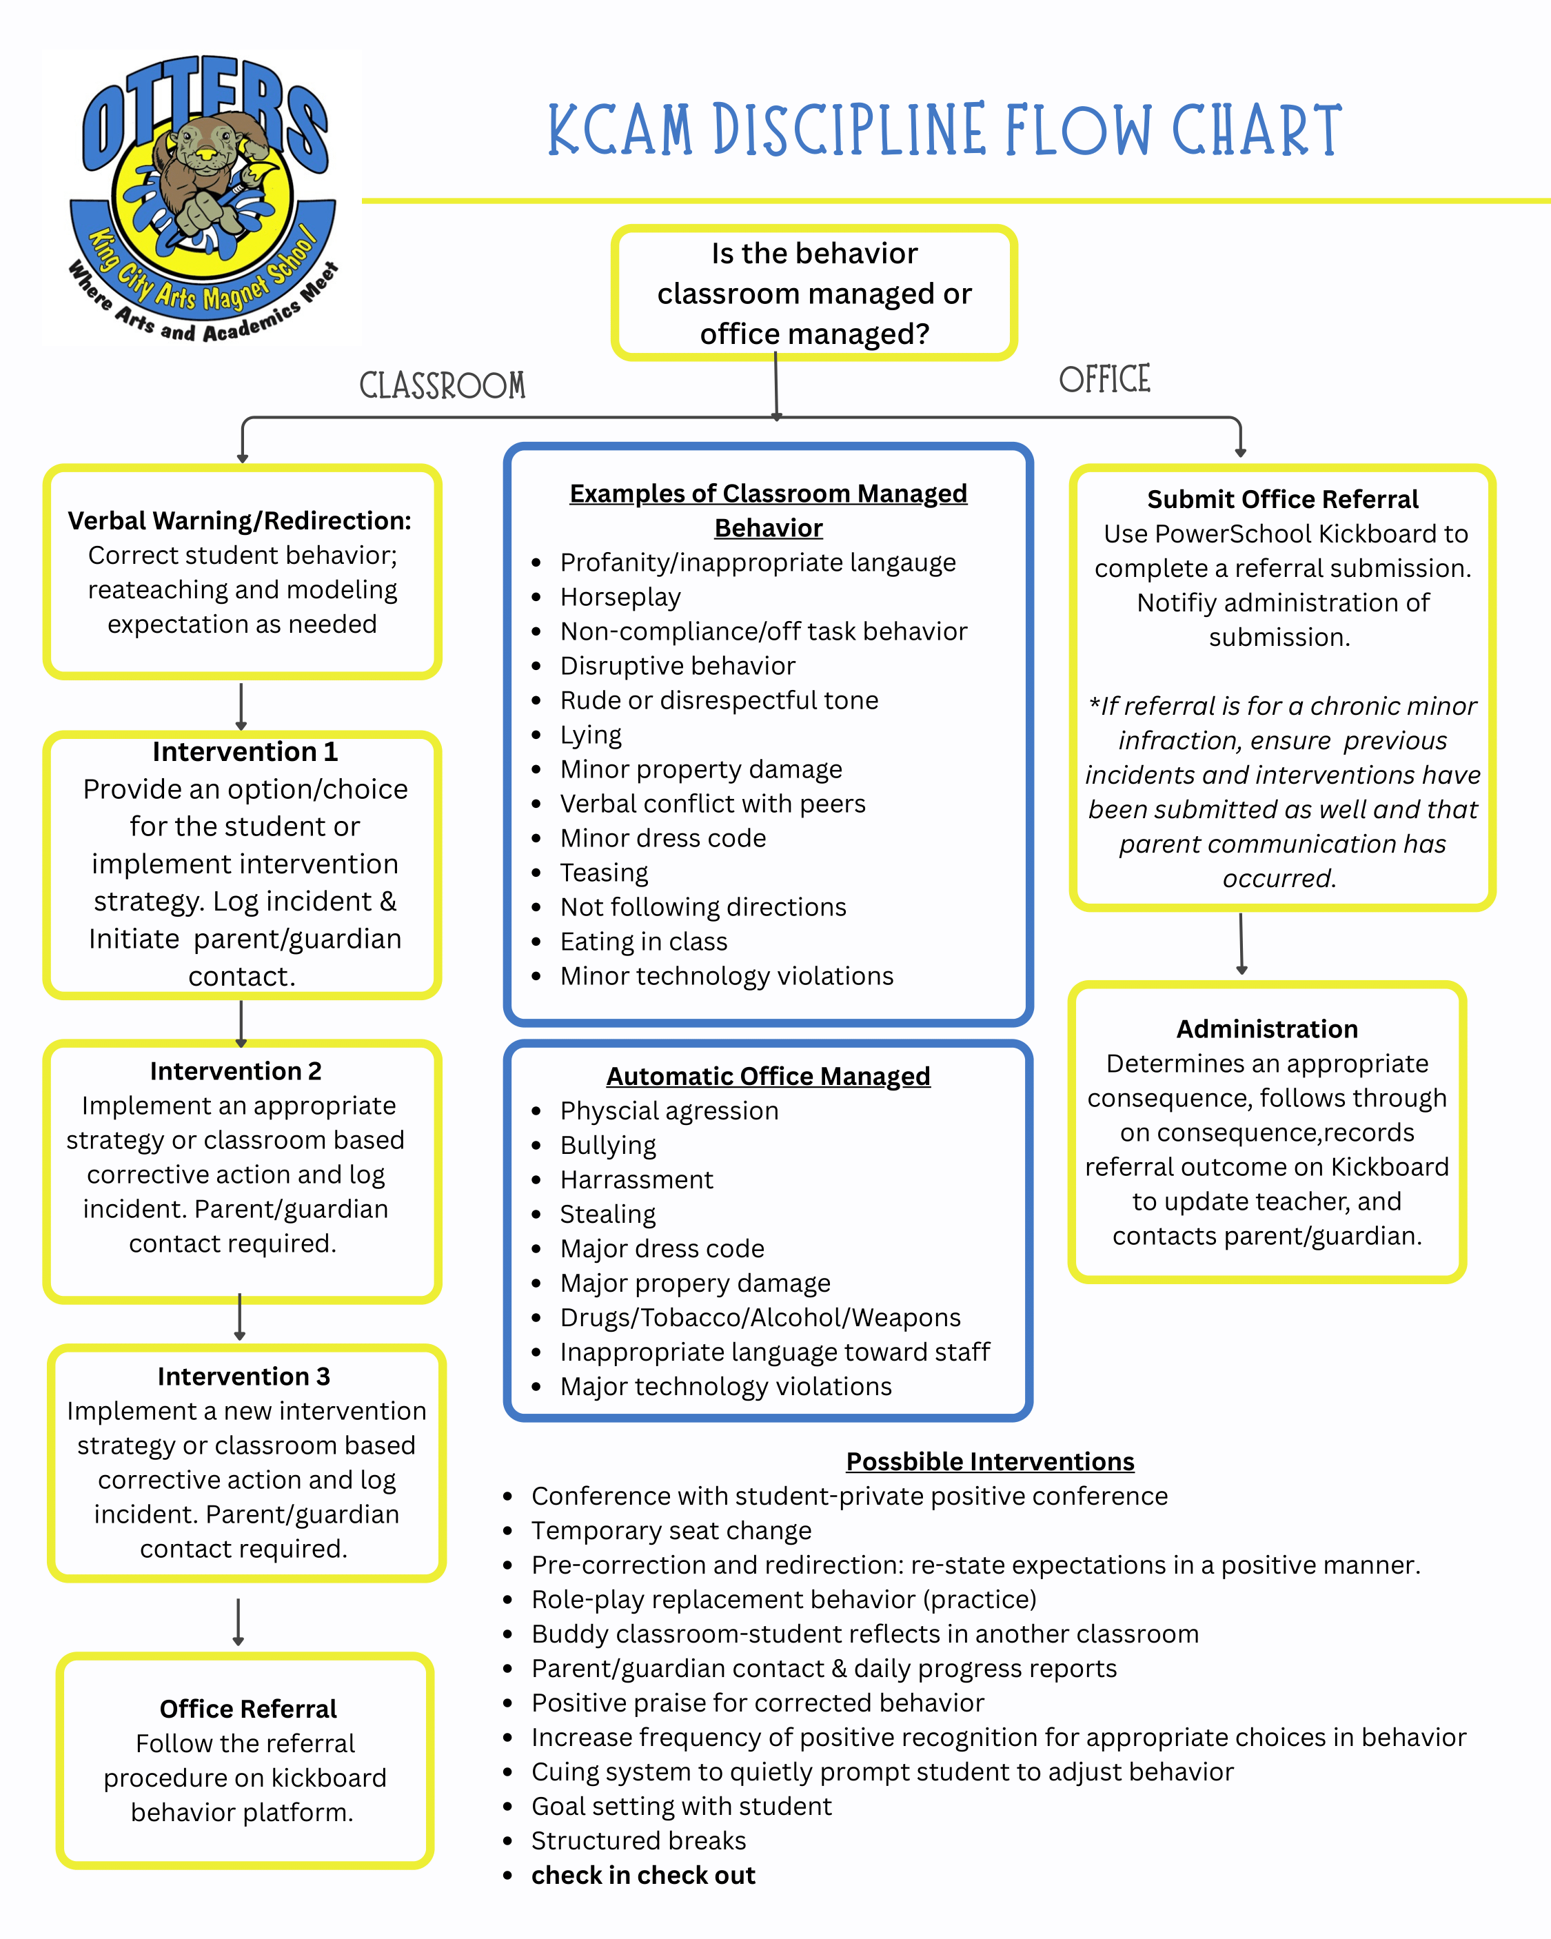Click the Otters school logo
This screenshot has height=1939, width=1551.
(x=203, y=198)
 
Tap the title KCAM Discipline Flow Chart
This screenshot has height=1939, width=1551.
(x=944, y=130)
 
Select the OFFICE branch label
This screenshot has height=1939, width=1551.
(x=1104, y=380)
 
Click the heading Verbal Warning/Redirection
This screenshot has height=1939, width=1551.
(x=239, y=520)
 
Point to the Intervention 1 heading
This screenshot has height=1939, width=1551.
(x=245, y=751)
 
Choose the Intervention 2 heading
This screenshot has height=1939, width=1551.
(x=236, y=1070)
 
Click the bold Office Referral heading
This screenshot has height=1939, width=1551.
(x=248, y=1708)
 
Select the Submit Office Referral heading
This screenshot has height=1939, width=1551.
(x=1282, y=499)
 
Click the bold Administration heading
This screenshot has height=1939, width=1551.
(x=1267, y=1029)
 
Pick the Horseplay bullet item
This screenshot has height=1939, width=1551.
(x=620, y=597)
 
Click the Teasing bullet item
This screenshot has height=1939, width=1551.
(x=604, y=873)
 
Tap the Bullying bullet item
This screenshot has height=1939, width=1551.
(x=608, y=1145)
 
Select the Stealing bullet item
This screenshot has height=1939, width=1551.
(x=607, y=1214)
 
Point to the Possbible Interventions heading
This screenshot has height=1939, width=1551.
(x=990, y=1461)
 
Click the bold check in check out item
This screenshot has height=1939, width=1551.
(x=643, y=1875)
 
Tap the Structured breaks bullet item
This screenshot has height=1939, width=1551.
(x=639, y=1841)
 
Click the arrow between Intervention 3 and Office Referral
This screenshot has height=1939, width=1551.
(x=239, y=1621)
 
